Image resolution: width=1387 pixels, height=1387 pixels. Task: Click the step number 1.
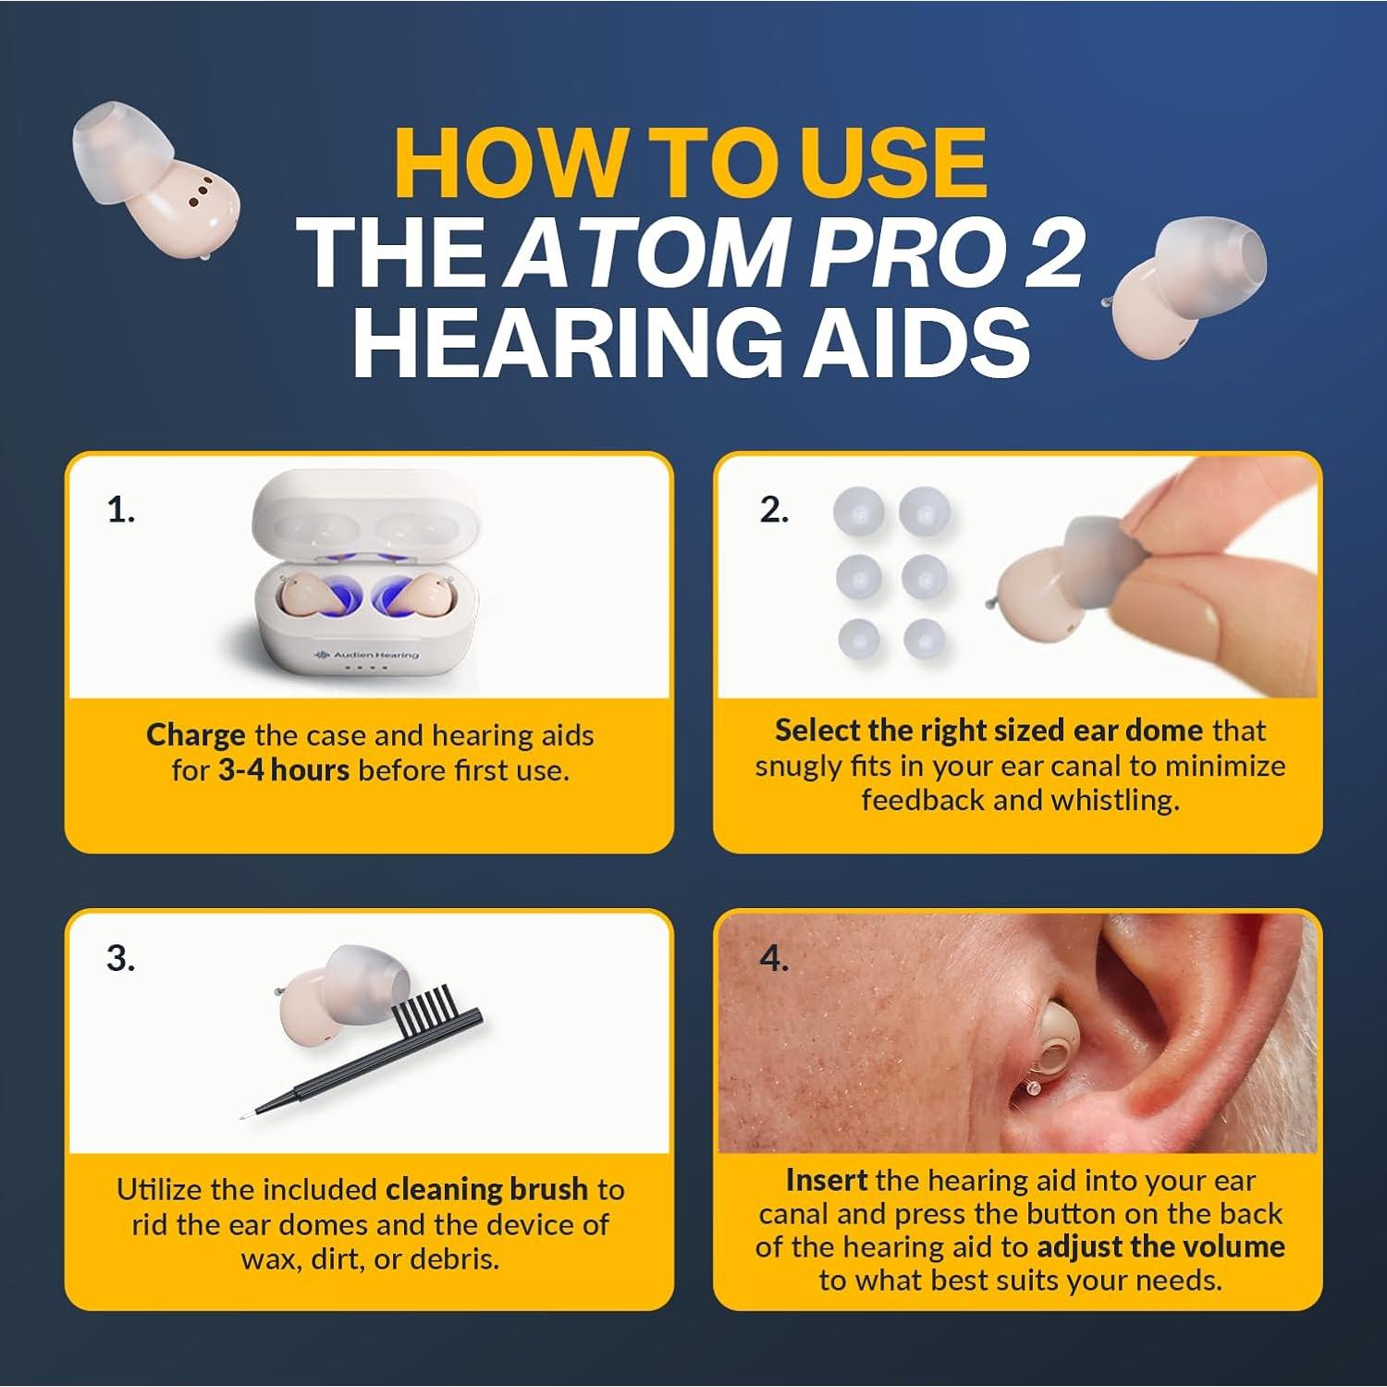pos(120,509)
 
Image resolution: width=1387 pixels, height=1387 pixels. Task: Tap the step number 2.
pos(774,509)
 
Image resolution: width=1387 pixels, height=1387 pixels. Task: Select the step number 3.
pos(120,958)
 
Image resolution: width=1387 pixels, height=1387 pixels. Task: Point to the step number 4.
pos(774,958)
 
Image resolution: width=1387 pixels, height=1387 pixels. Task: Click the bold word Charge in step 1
pos(195,735)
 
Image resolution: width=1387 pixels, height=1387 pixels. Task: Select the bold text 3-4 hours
pos(283,770)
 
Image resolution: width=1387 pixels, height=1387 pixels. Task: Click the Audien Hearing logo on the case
pos(367,655)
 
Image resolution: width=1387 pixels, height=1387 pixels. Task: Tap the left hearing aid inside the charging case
pos(301,596)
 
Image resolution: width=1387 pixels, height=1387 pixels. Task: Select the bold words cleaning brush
pos(486,1188)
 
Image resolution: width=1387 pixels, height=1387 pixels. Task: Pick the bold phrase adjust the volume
pos(1160,1246)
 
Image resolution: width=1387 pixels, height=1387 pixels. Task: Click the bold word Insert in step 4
pos(826,1180)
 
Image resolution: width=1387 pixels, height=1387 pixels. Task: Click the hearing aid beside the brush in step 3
pos(342,989)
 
